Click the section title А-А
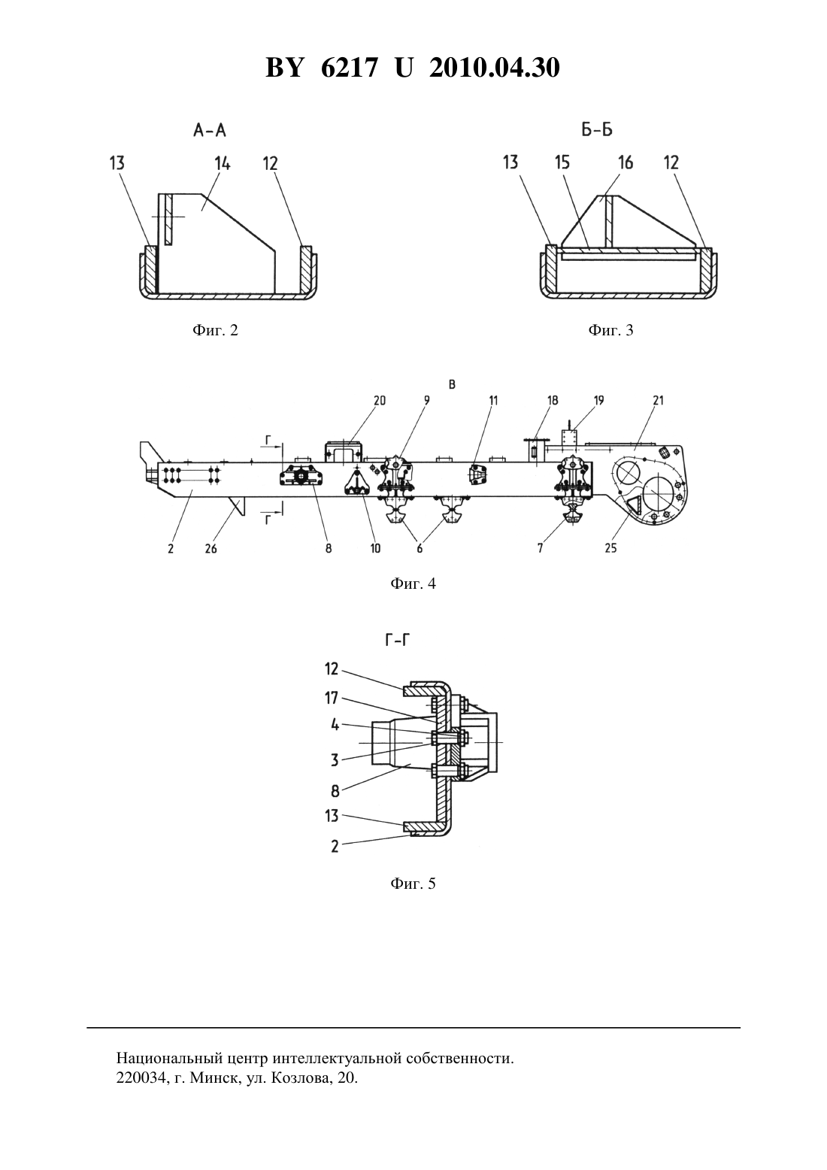pyautogui.click(x=209, y=130)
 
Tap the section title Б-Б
pyautogui.click(x=597, y=129)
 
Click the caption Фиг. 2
pyautogui.click(x=215, y=330)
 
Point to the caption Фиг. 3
pyautogui.click(x=610, y=330)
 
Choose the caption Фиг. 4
pyautogui.click(x=413, y=583)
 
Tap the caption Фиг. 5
pyautogui.click(x=413, y=884)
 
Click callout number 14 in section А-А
pyautogui.click(x=223, y=163)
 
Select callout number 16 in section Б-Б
pyautogui.click(x=626, y=162)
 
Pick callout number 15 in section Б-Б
pyautogui.click(x=562, y=162)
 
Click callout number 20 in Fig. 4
pyautogui.click(x=380, y=400)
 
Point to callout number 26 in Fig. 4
pyautogui.click(x=211, y=548)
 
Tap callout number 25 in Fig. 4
pyautogui.click(x=610, y=547)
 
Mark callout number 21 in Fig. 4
pyautogui.click(x=659, y=400)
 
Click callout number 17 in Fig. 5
pyautogui.click(x=332, y=699)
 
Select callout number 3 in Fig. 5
pyautogui.click(x=335, y=760)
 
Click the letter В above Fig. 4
pyautogui.click(x=452, y=384)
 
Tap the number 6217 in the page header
pyautogui.click(x=348, y=68)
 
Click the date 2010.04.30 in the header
pyautogui.click(x=495, y=68)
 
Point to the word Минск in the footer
pyautogui.click(x=213, y=1078)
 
